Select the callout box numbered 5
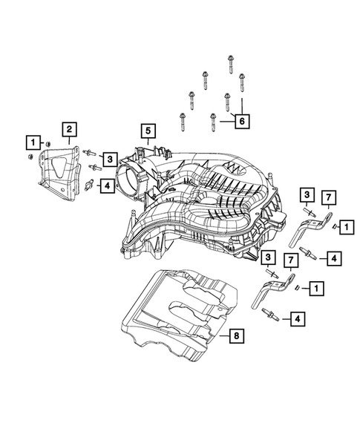coord(148,133)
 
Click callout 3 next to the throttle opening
coord(109,158)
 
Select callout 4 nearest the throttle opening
coord(108,185)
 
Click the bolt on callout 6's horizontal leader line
coord(213,119)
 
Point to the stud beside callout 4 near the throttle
coord(91,183)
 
